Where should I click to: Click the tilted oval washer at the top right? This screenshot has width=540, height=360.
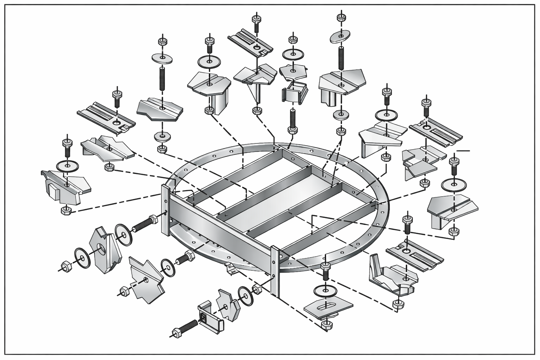[340, 36]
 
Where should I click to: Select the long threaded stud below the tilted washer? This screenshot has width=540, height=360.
[340, 58]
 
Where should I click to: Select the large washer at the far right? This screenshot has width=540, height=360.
[454, 185]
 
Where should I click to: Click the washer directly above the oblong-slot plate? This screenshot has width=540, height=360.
[325, 290]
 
